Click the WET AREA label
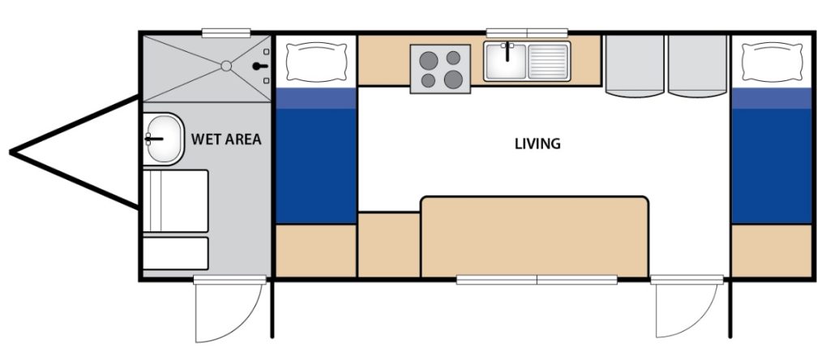click(226, 139)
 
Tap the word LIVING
click(537, 144)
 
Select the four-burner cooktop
click(441, 68)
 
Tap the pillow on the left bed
click(316, 62)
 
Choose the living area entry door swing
click(687, 309)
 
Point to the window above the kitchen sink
click(527, 32)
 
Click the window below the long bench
click(537, 280)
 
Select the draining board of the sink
click(549, 62)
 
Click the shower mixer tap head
click(259, 67)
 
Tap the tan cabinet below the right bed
click(772, 251)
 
